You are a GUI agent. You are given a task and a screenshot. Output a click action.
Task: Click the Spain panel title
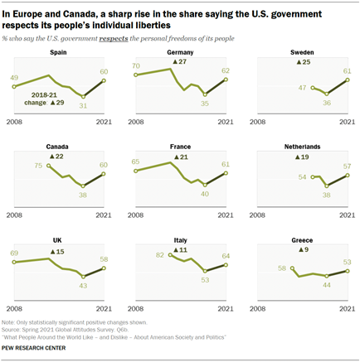[59, 51]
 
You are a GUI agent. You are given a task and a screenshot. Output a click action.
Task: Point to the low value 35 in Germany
[205, 105]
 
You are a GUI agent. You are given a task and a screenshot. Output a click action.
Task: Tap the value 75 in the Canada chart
[38, 166]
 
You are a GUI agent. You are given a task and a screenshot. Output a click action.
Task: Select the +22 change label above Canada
[56, 157]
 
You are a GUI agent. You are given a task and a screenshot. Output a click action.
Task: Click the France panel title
[181, 147]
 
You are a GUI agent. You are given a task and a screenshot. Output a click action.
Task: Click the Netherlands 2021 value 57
[348, 167]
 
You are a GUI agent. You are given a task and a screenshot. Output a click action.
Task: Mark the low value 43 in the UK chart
[83, 286]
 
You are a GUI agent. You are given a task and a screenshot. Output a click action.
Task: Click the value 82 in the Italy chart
[159, 256]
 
